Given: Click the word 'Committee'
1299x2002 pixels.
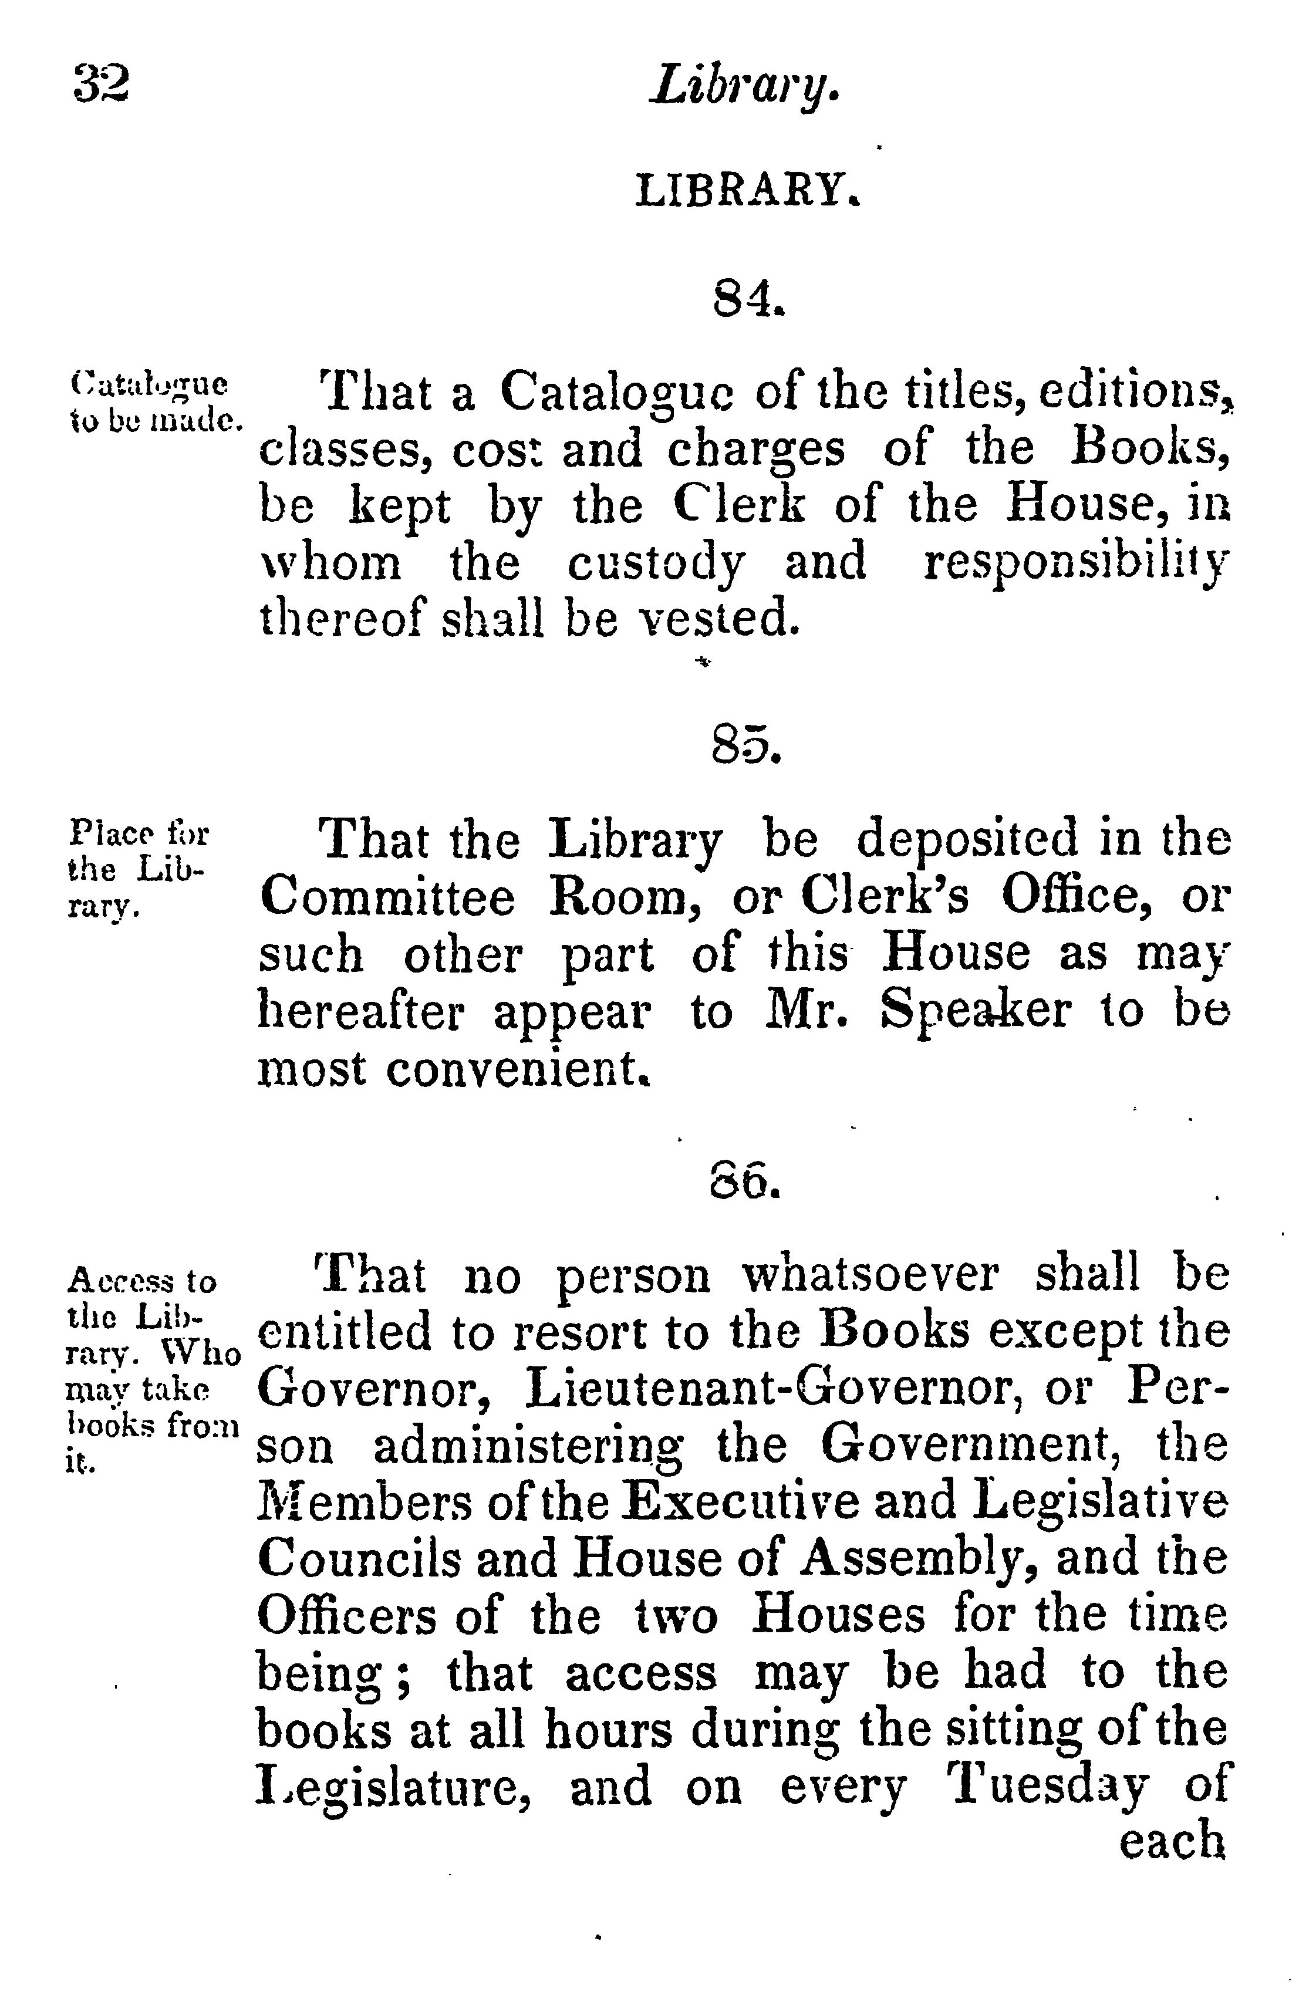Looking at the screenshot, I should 386,899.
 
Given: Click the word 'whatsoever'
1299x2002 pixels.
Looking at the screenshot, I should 870,1275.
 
